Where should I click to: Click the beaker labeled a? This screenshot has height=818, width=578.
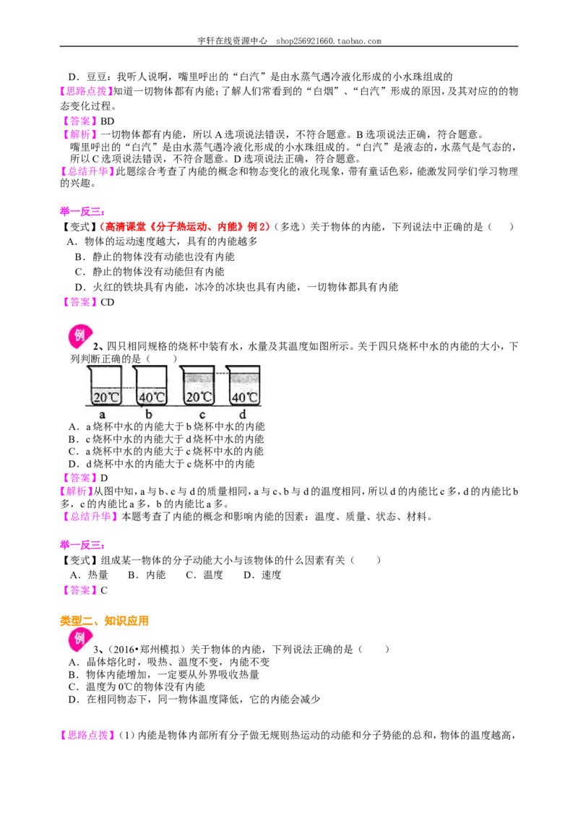[106, 386]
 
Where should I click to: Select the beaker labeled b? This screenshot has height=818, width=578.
[151, 386]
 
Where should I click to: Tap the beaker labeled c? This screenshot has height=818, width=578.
[198, 386]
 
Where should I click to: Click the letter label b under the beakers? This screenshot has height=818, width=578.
[149, 415]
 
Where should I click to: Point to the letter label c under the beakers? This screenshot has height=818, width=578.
[202, 416]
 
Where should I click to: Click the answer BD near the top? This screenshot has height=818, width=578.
[107, 121]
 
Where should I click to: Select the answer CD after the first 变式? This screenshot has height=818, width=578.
[107, 302]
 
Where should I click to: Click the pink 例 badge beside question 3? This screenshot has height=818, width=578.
[80, 640]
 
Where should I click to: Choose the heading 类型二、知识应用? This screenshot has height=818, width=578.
[104, 621]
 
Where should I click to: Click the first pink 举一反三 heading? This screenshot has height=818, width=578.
[82, 211]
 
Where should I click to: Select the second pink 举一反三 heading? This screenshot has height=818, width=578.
[82, 545]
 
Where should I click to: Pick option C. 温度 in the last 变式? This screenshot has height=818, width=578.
[204, 575]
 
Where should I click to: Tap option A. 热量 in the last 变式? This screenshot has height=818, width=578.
[89, 575]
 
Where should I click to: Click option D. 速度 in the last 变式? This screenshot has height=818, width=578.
[262, 575]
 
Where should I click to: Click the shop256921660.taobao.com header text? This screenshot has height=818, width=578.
[329, 41]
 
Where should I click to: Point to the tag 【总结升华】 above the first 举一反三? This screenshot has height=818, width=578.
[87, 171]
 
